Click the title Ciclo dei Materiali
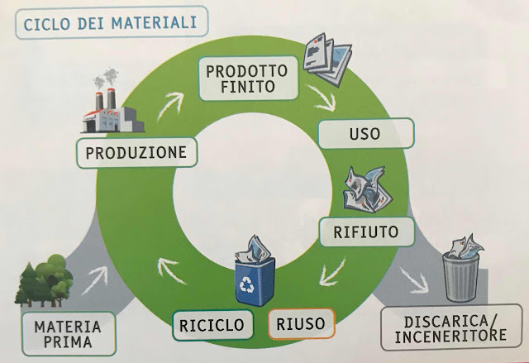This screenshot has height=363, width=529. (x=111, y=22)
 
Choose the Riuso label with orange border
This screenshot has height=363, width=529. (x=301, y=323)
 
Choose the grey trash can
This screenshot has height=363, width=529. (x=461, y=274)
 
